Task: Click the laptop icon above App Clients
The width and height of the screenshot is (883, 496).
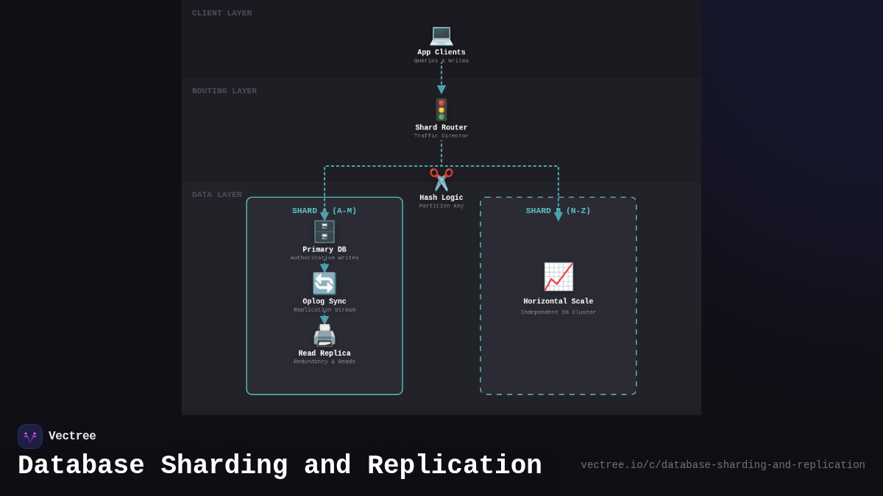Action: [441, 35]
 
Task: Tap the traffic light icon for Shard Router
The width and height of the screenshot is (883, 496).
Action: [441, 109]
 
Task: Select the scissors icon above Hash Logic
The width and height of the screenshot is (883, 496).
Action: [441, 179]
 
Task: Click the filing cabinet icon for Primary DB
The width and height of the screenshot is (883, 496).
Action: [325, 231]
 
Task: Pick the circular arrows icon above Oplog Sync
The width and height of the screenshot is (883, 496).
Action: [325, 284]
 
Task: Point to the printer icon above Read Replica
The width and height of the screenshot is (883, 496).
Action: [325, 336]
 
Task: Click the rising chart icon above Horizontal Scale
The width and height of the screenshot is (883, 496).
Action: [558, 277]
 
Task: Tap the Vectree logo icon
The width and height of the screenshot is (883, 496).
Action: [30, 436]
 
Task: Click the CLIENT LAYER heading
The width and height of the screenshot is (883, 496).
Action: [221, 13]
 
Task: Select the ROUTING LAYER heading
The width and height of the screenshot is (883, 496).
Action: [224, 91]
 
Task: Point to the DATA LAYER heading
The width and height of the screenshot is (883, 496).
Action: [217, 195]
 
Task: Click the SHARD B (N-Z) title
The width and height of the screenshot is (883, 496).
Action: [558, 211]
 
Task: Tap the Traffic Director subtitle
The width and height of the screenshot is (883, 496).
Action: [441, 136]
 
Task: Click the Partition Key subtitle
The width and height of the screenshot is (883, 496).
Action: [441, 206]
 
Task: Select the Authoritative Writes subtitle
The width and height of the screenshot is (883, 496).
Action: [325, 258]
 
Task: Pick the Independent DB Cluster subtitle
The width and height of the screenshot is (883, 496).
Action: [558, 312]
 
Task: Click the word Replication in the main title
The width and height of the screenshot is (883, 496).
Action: [454, 466]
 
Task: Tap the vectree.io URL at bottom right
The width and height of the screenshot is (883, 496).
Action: [723, 465]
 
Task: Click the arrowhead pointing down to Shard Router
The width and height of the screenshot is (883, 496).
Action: [441, 90]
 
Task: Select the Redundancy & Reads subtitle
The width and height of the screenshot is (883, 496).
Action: [325, 362]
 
